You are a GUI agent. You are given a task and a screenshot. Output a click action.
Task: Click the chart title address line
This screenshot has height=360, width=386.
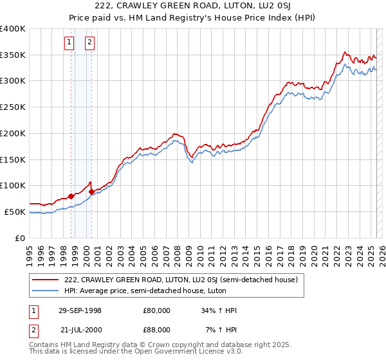coord(192,6)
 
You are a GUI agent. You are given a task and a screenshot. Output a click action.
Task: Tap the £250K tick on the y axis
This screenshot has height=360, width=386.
coord(13,107)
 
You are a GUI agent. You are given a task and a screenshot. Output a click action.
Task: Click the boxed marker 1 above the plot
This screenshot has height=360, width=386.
coord(69,43)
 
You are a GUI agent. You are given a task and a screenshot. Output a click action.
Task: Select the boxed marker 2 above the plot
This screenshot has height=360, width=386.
coord(89,43)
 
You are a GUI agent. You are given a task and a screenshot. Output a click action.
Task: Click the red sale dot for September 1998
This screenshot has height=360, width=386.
coord(71,196)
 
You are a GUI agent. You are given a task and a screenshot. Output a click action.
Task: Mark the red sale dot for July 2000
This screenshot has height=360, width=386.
coord(92,192)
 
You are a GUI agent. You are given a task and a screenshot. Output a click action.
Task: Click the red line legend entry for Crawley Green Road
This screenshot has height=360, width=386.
coord(181,280)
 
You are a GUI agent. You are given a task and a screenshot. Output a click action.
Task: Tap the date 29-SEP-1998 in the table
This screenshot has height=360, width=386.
coord(79,310)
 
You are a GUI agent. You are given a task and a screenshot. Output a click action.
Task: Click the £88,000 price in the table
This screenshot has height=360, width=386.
coord(157,330)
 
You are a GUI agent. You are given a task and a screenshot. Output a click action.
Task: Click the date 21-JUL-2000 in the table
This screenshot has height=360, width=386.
coord(79,330)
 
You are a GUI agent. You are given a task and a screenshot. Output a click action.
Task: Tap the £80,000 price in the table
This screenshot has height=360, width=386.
coord(157,310)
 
